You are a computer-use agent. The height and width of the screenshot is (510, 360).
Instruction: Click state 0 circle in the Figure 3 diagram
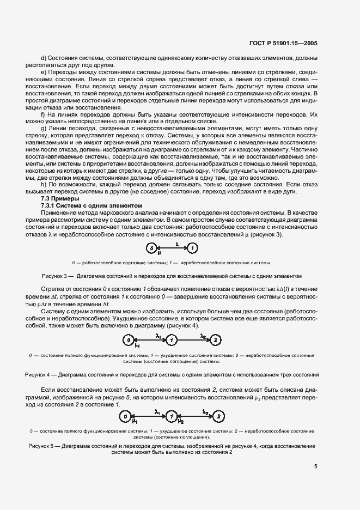pyautogui.click(x=151, y=248)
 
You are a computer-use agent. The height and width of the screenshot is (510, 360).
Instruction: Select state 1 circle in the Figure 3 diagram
pyautogui.click(x=192, y=248)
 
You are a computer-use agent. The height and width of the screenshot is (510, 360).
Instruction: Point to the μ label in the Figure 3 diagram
pyautogui.click(x=160, y=253)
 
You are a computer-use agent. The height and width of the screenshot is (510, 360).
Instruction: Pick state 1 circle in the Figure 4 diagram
pyautogui.click(x=171, y=341)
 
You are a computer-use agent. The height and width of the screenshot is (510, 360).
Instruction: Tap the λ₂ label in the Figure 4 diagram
pyautogui.click(x=203, y=336)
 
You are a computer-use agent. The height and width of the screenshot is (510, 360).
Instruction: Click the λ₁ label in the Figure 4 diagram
pyautogui.click(x=158, y=336)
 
